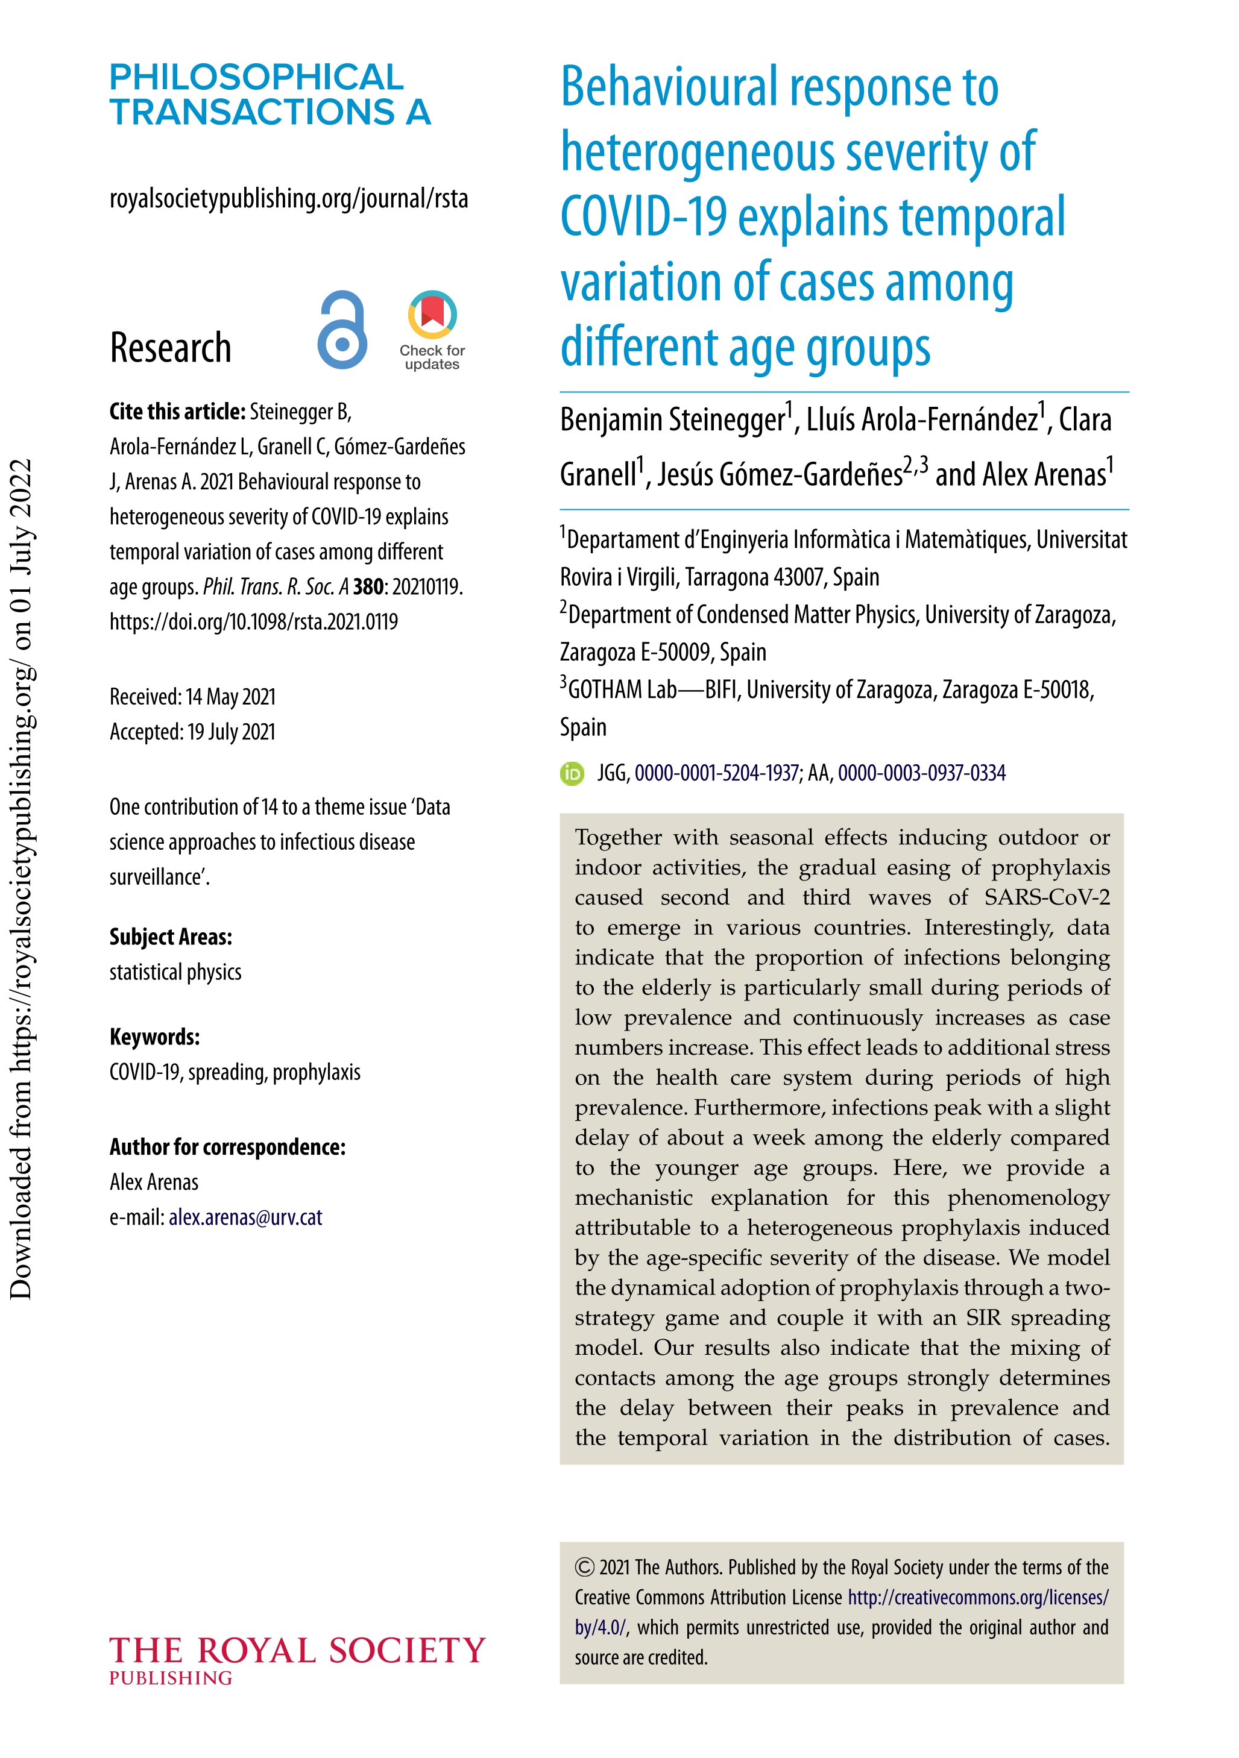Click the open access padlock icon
pos(342,330)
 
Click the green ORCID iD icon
pos(572,773)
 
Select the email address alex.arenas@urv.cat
pos(245,1217)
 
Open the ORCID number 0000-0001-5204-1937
pos(716,773)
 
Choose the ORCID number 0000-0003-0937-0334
pos(921,773)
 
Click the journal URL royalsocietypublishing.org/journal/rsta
pos(289,198)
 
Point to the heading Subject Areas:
pos(171,937)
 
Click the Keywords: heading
pos(155,1037)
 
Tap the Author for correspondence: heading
pos(227,1147)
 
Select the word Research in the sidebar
pos(170,348)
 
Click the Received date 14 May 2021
pos(230,697)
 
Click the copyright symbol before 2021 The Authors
pos(584,1568)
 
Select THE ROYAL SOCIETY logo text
pos(297,1651)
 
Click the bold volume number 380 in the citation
pos(368,586)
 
